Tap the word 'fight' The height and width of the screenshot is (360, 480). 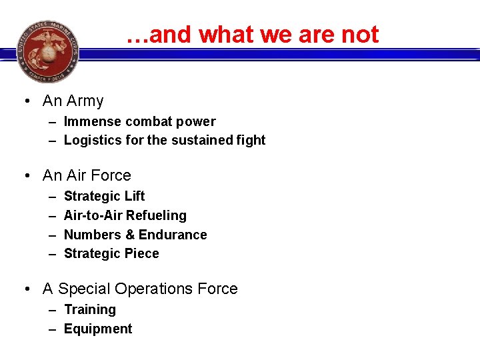click(x=251, y=141)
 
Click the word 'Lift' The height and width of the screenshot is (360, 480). click(x=132, y=197)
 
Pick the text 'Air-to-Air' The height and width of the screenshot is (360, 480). click(x=93, y=216)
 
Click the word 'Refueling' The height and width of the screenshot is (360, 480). click(x=156, y=216)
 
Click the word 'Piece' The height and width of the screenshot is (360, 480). click(x=141, y=254)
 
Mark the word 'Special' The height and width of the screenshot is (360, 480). click(x=84, y=289)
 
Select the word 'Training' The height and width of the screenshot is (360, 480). click(x=90, y=310)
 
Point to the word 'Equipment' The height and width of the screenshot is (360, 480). click(x=98, y=329)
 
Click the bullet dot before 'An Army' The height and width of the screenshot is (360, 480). click(x=26, y=102)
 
